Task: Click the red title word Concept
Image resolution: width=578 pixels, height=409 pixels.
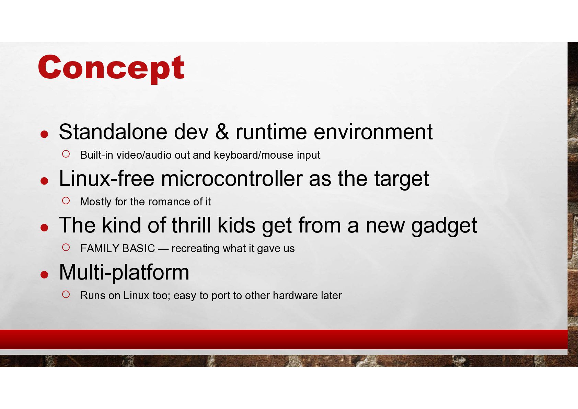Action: [111, 68]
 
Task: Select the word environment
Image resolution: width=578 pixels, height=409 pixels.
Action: [373, 132]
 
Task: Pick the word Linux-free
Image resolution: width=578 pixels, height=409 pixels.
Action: [106, 179]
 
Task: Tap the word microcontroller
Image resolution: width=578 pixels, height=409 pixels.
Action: [232, 179]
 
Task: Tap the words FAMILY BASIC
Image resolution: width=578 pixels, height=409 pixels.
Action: [118, 248]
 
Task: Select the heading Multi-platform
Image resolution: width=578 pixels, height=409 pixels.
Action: [124, 273]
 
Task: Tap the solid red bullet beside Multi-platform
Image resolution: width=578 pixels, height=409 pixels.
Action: [44, 274]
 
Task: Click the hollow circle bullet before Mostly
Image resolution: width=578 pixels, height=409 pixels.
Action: [66, 201]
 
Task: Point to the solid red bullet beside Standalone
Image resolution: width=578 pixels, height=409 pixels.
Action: [44, 134]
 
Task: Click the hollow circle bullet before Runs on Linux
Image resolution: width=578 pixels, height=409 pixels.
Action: [66, 294]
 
